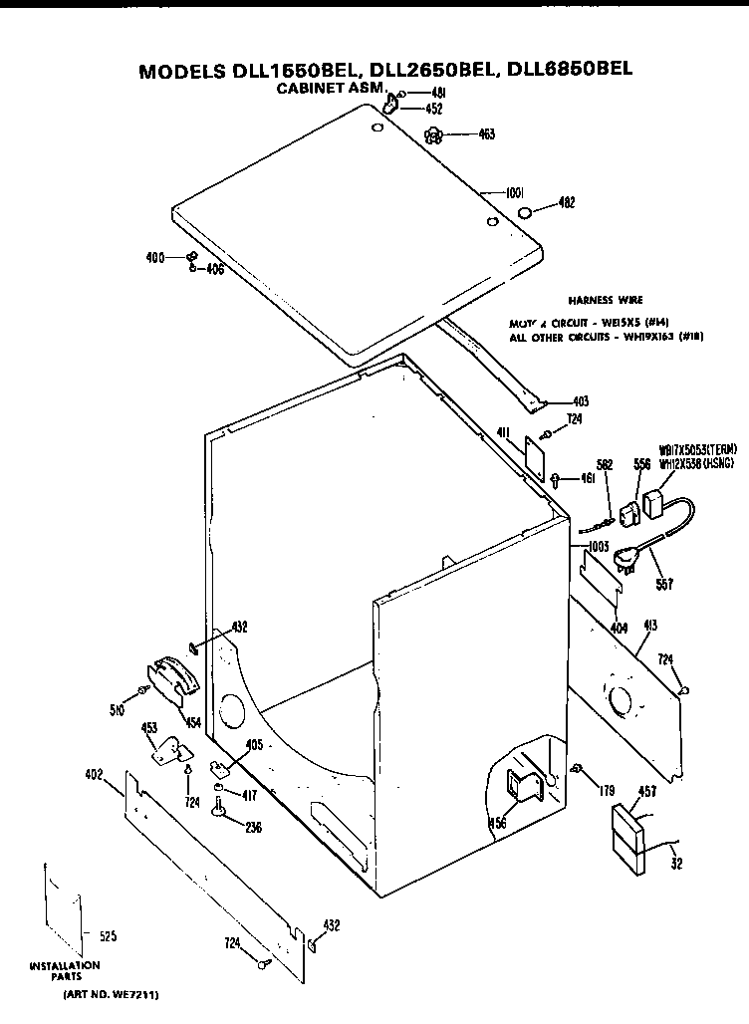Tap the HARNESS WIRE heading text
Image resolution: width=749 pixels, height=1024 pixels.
click(605, 299)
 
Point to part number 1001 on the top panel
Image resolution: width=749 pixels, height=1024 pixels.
click(516, 192)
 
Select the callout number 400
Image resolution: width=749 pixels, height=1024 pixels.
click(155, 258)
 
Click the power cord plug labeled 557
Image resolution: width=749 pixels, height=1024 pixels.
click(627, 561)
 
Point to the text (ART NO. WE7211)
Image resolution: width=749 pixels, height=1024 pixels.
click(111, 994)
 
